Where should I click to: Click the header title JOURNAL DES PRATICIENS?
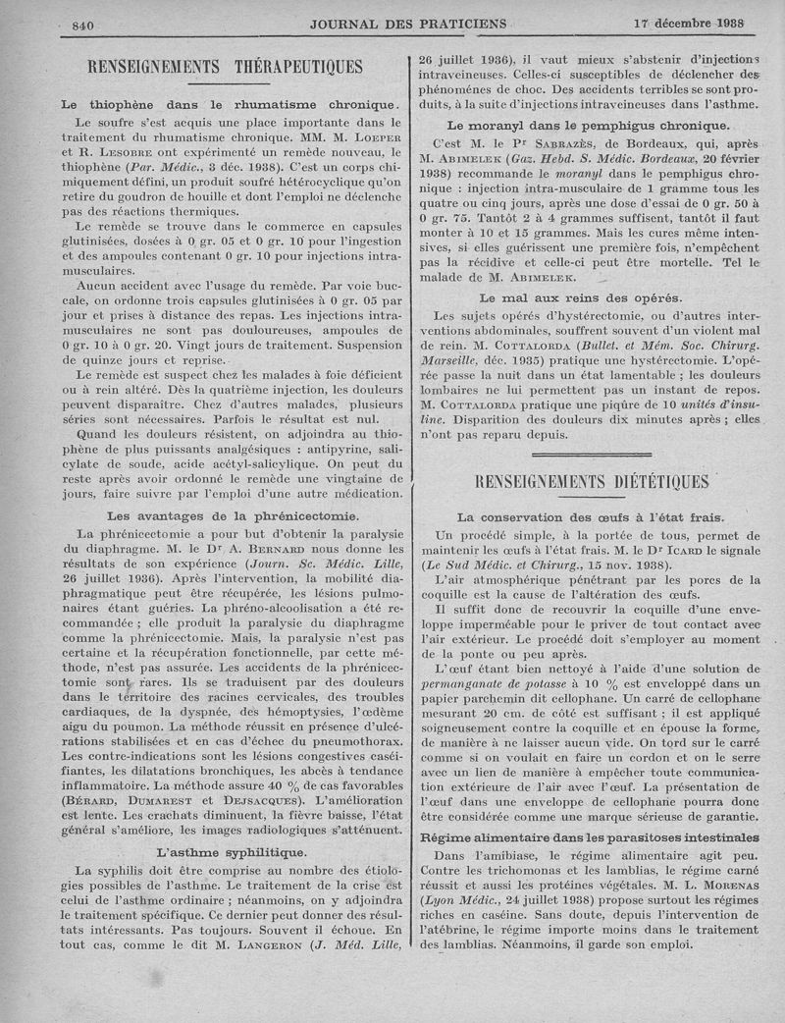point(408,24)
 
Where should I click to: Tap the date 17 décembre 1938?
point(689,24)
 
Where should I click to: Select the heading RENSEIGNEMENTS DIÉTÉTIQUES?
point(591,481)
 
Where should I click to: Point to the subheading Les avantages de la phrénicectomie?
point(233,515)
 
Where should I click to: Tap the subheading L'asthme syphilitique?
point(232,851)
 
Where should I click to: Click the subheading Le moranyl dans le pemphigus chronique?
point(588,125)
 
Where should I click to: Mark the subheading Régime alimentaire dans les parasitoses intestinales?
point(590,837)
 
